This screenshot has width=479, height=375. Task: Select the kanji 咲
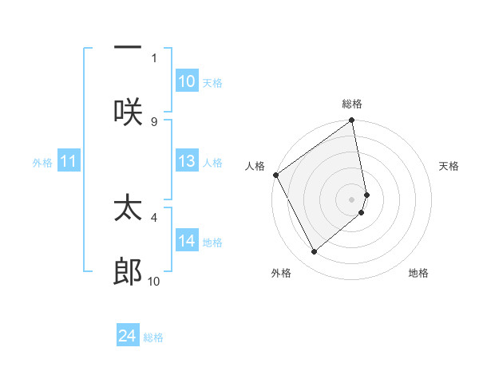coord(128,111)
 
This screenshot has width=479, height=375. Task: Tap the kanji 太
coord(128,208)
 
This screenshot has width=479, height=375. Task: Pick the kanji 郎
coord(128,272)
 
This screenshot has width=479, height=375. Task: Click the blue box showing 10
coord(187,81)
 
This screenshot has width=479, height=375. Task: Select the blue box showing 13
coord(187,161)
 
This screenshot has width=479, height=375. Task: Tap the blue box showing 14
coord(187,241)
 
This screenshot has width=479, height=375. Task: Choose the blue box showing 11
coord(69,162)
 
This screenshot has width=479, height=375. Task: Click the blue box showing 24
coord(128,336)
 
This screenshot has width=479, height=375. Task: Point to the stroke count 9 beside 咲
coord(154,121)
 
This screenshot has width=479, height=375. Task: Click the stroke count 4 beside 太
coord(154,216)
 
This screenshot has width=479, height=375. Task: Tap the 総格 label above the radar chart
coord(352,104)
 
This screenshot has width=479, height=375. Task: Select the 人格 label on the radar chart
coord(255,166)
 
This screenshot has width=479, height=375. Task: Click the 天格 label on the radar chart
coord(449,166)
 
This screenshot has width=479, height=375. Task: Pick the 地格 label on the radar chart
coord(418,273)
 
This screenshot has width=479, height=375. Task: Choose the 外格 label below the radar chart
coord(281,273)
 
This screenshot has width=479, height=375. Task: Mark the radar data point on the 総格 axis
coord(352,122)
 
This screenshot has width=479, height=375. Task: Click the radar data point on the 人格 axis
coord(275,175)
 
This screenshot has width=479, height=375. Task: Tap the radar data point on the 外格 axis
coord(314,251)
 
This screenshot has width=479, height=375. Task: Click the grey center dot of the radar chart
coord(352,198)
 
